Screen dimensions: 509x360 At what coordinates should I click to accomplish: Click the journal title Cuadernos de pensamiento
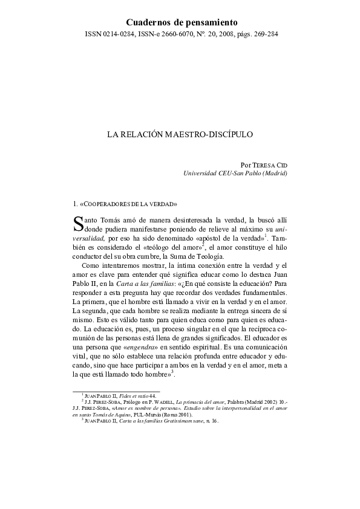coord(180,22)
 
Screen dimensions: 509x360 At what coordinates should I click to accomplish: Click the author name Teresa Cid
coord(269,164)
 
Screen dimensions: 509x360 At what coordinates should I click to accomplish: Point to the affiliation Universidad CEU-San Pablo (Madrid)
coord(235,173)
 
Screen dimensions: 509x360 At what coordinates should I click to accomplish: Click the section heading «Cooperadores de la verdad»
coord(128,204)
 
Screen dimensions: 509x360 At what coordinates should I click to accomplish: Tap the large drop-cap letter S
coord(77,225)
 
